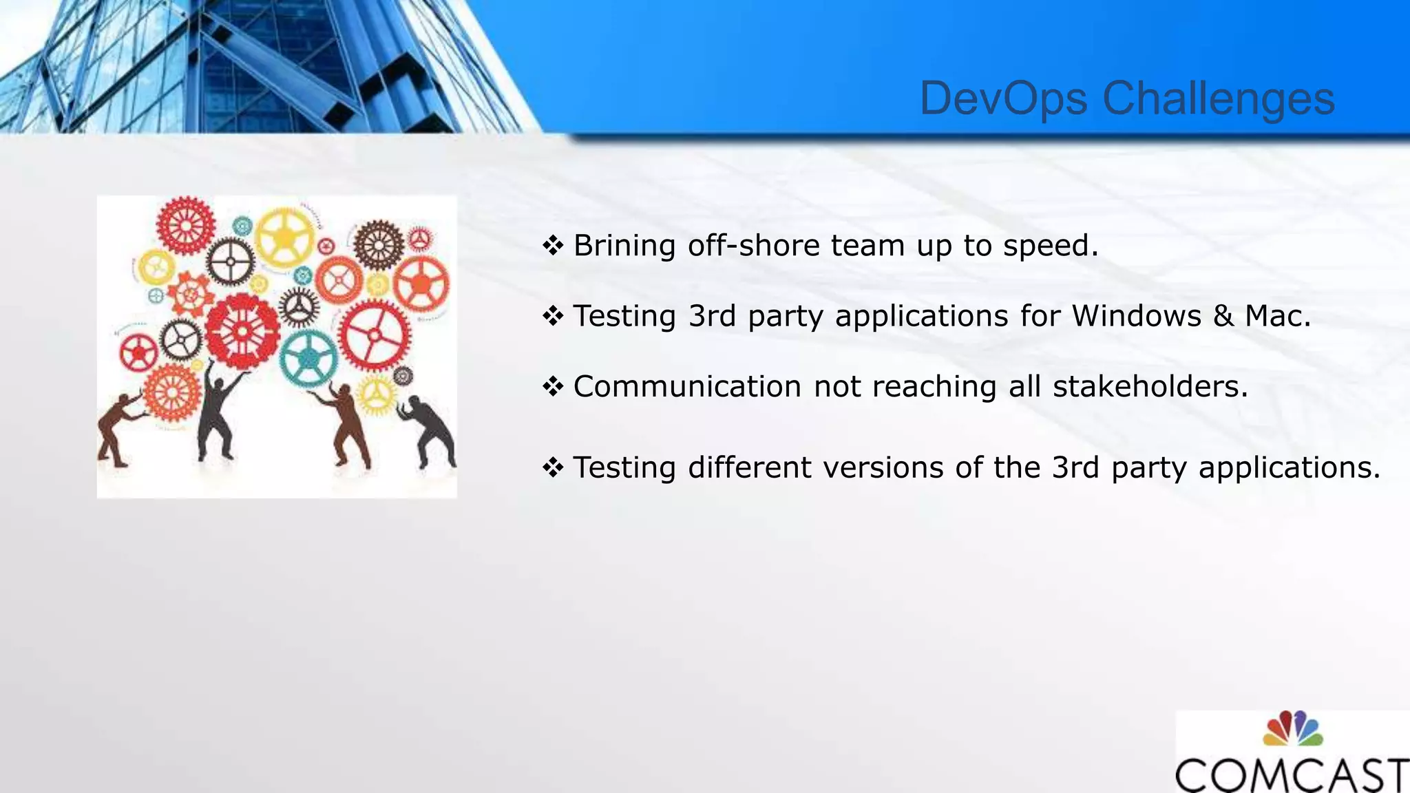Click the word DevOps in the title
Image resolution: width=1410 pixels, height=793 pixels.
pyautogui.click(x=1004, y=98)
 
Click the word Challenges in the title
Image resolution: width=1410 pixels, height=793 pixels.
pyautogui.click(x=1219, y=98)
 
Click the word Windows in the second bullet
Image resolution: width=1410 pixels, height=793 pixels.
pyautogui.click(x=1136, y=316)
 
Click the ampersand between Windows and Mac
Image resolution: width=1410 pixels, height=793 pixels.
pyautogui.click(x=1223, y=316)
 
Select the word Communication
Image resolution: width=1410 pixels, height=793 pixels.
pyautogui.click(x=686, y=386)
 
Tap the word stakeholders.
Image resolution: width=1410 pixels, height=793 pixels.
pyautogui.click(x=1150, y=386)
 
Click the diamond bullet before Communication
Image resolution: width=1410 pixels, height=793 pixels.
pyautogui.click(x=553, y=386)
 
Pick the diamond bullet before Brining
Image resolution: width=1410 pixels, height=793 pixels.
pyautogui.click(x=553, y=245)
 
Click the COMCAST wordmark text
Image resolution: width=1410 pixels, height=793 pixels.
pyautogui.click(x=1292, y=775)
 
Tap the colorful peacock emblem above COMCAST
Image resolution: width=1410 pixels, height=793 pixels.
pyautogui.click(x=1292, y=729)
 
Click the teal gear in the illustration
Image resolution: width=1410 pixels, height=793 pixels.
pyautogui.click(x=308, y=358)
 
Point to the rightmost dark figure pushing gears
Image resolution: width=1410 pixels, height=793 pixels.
pyautogui.click(x=432, y=430)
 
